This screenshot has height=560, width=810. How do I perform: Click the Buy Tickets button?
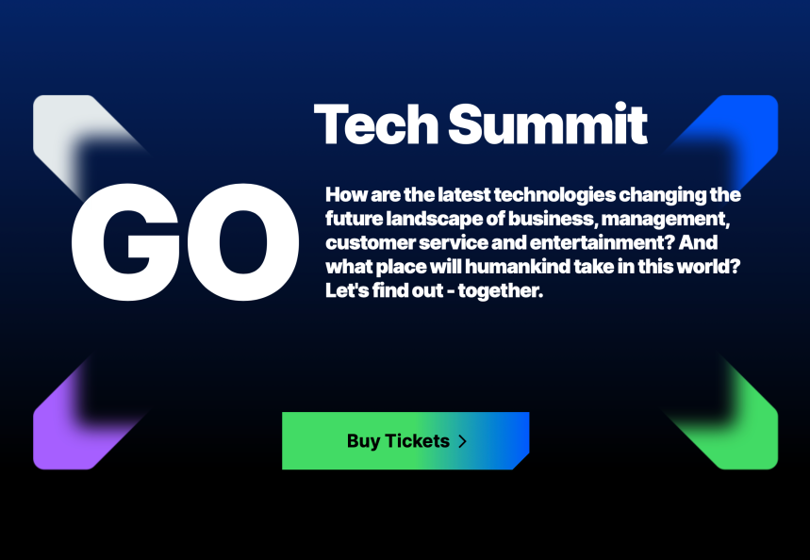click(405, 440)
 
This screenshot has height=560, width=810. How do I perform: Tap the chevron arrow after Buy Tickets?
click(462, 441)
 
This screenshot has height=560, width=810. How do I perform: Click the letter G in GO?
click(126, 241)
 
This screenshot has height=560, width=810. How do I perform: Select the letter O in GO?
click(243, 241)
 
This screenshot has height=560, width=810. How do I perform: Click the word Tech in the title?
click(376, 124)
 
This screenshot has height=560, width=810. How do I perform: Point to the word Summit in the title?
click(548, 124)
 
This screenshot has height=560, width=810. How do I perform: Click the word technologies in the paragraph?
click(554, 196)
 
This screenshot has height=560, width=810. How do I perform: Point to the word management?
click(666, 220)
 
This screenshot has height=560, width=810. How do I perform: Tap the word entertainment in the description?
click(602, 243)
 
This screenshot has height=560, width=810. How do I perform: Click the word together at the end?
click(500, 291)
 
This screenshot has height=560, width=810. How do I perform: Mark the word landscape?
click(434, 220)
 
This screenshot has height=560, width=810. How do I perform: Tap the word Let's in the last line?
click(347, 290)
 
